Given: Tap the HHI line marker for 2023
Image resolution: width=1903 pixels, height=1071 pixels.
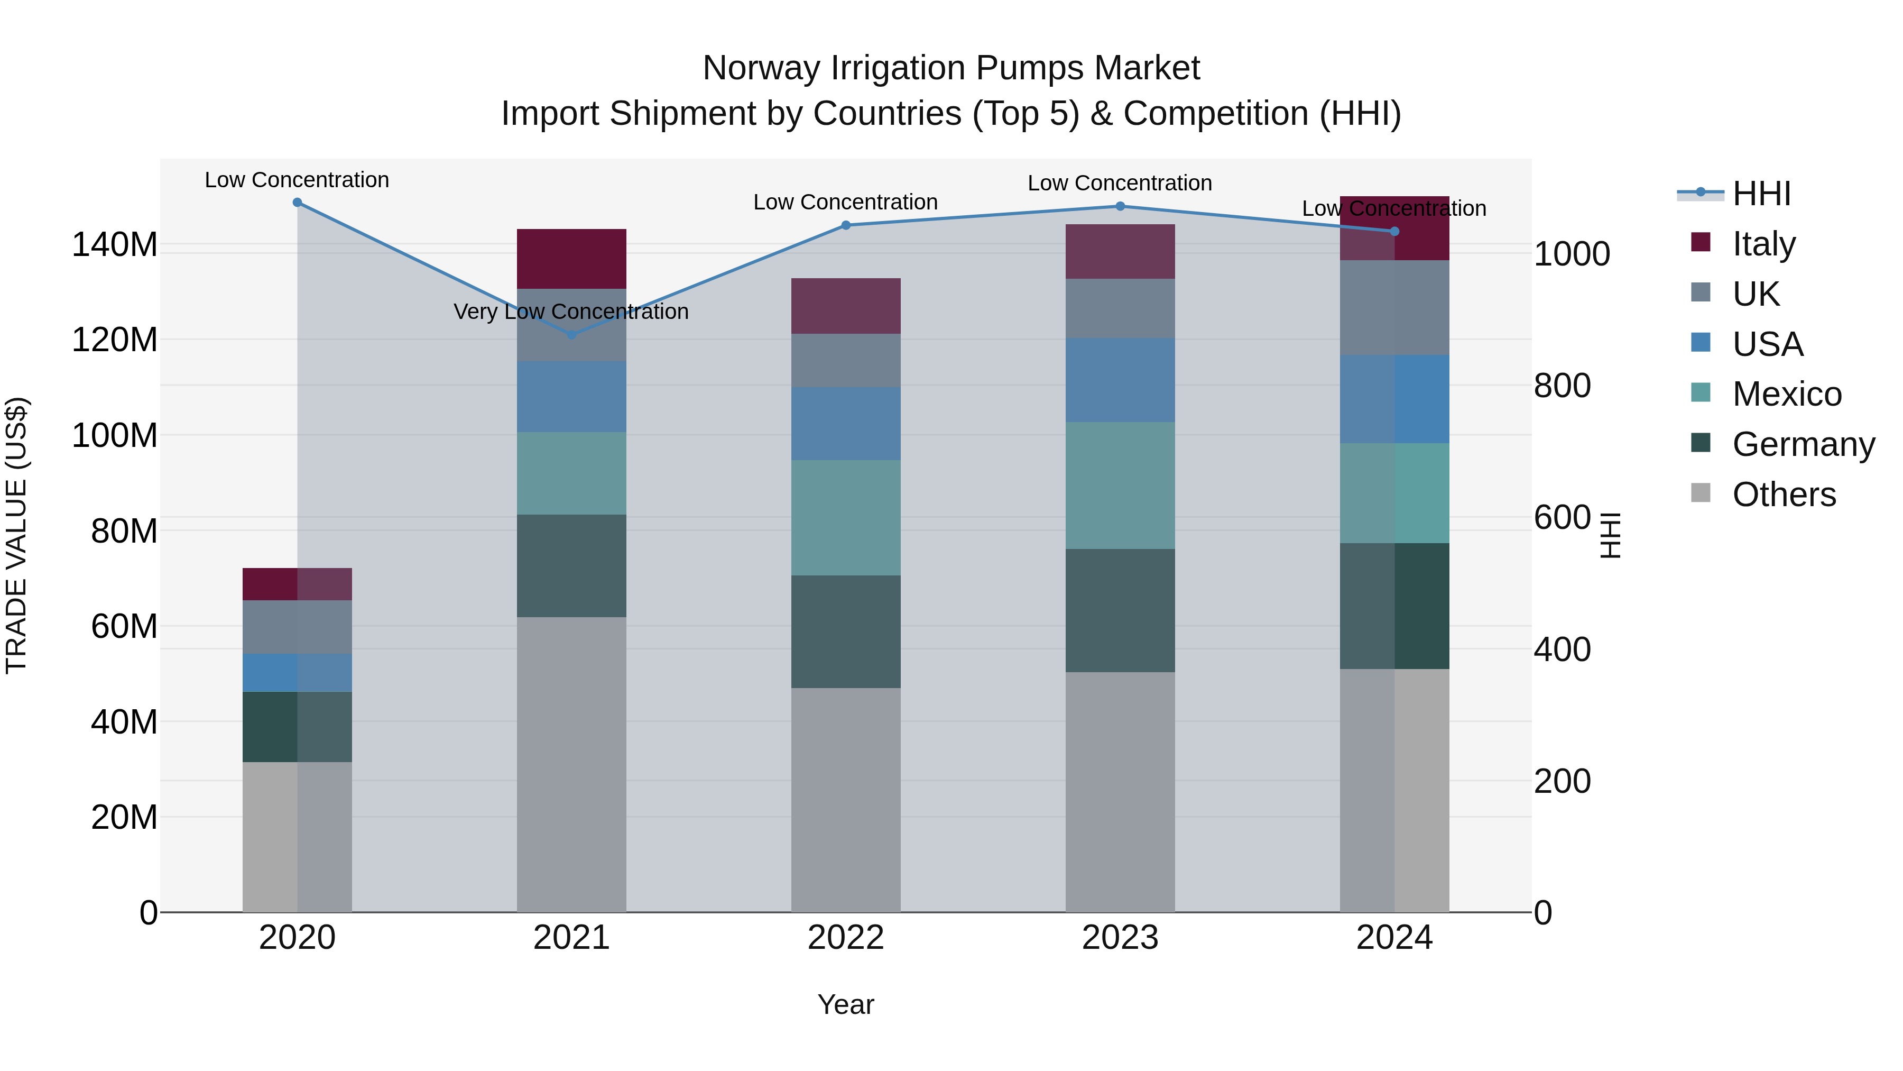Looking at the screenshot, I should (x=1120, y=206).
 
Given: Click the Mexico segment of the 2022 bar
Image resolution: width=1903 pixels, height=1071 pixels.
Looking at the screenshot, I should (x=846, y=517).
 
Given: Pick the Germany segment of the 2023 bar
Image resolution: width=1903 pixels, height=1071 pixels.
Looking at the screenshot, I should (x=1120, y=610).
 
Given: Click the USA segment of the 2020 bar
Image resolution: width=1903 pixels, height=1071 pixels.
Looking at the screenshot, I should (x=297, y=673).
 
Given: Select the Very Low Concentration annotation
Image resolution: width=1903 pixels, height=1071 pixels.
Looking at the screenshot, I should (x=571, y=312).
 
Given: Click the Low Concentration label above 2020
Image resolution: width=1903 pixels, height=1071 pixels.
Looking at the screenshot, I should (x=297, y=180).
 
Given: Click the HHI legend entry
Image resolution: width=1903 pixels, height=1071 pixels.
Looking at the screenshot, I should (x=1761, y=194).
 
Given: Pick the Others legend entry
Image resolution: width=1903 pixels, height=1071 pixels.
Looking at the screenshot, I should (x=1784, y=495).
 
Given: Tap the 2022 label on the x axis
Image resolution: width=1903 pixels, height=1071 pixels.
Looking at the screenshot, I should (x=846, y=938).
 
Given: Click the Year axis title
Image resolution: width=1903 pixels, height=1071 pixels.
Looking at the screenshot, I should (x=846, y=1004).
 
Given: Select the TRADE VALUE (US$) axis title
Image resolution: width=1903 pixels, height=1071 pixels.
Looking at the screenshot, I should (x=16, y=535).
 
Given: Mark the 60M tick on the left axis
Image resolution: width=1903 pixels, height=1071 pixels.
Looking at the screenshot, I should (x=124, y=627).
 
